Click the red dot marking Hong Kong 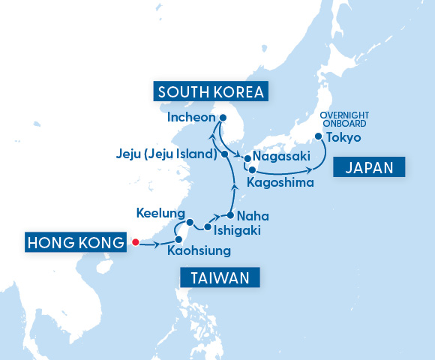(135, 241)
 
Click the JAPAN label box (369, 167)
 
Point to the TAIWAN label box (220, 278)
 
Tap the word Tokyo (344, 138)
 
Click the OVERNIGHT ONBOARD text (345, 120)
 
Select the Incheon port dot (223, 117)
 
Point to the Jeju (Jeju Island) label (166, 154)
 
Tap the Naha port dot (230, 215)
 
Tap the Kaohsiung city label (199, 250)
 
